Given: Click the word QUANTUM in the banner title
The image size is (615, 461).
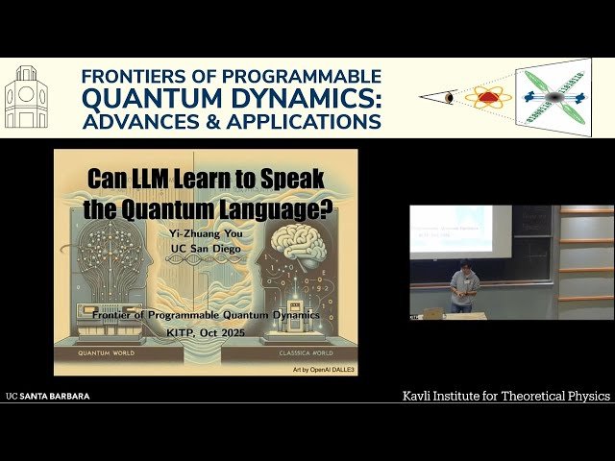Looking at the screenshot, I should coord(145,98).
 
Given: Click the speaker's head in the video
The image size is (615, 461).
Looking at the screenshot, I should coord(463,267).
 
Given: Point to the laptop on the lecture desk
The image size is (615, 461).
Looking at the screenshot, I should coord(434,312).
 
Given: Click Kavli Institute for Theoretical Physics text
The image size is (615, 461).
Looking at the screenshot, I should coord(505,396).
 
